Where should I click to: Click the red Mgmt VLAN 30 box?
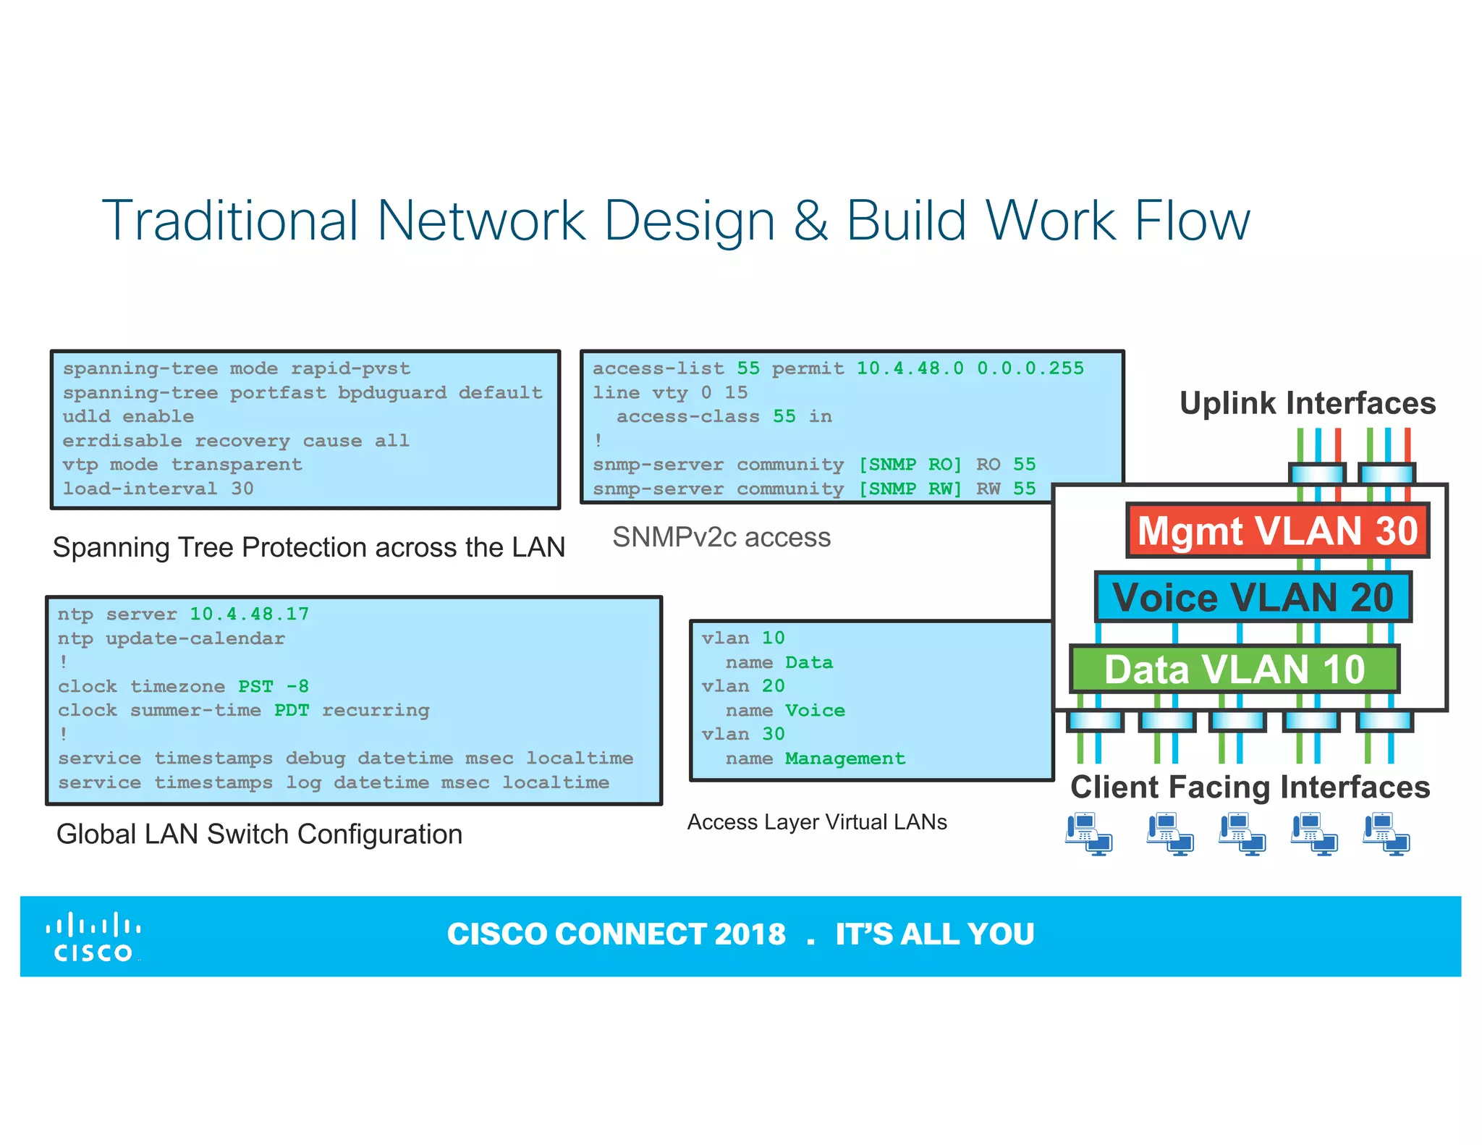1277,531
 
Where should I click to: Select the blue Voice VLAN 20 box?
1253,597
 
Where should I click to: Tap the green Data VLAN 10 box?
1234,669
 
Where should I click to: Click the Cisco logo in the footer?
93,937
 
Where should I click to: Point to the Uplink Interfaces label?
1307,403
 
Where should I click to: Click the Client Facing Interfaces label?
1250,787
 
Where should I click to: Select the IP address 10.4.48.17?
249,614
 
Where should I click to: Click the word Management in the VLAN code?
844,759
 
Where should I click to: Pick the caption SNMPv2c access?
721,538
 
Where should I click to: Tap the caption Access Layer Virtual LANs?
816,822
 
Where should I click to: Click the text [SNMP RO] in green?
910,465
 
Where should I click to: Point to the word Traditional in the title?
230,221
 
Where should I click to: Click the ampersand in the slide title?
810,221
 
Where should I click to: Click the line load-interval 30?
158,489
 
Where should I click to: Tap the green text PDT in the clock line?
291,711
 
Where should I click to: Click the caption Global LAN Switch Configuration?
259,835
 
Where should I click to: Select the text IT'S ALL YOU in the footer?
934,934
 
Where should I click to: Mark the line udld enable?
128,417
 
